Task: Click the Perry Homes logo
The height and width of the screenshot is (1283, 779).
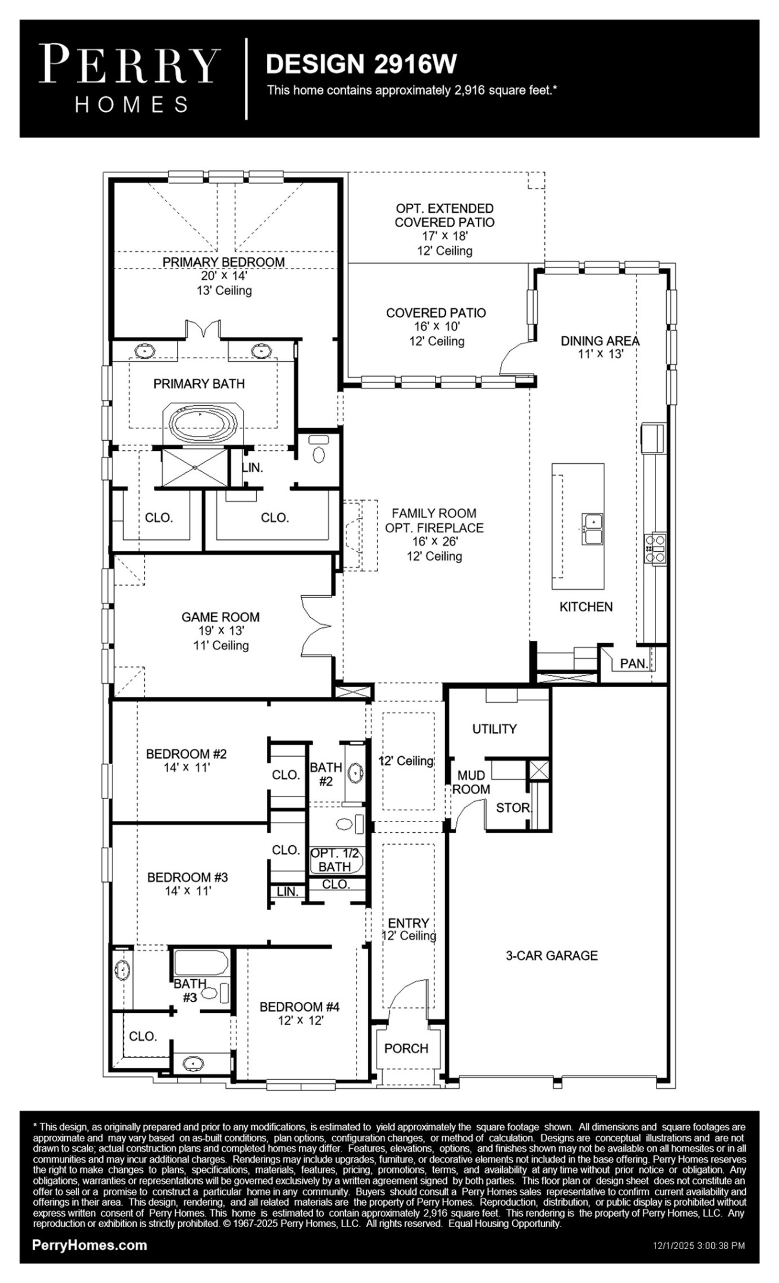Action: point(130,77)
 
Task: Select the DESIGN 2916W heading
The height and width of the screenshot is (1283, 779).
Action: point(361,64)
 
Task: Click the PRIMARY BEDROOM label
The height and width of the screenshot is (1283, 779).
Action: point(223,262)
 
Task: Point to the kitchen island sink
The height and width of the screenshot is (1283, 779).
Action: point(592,529)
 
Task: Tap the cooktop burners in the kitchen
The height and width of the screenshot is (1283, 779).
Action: point(655,549)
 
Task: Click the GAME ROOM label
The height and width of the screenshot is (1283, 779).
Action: point(220,617)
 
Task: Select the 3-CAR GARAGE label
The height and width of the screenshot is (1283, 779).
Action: point(551,955)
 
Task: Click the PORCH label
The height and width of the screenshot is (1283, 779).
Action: point(406,1048)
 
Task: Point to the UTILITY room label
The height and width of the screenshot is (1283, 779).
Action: point(494,729)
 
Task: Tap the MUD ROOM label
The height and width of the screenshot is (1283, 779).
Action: point(471,782)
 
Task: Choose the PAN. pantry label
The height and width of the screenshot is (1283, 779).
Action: point(633,663)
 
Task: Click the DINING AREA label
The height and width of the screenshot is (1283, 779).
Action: point(600,341)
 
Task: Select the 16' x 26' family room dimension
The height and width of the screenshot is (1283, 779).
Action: point(434,542)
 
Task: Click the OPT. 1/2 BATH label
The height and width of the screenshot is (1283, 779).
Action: point(335,860)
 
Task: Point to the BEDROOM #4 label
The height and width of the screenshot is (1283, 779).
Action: point(299,1007)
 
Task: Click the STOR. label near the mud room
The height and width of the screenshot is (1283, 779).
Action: point(513,808)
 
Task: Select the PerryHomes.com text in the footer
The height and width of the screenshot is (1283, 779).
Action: point(90,1246)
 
